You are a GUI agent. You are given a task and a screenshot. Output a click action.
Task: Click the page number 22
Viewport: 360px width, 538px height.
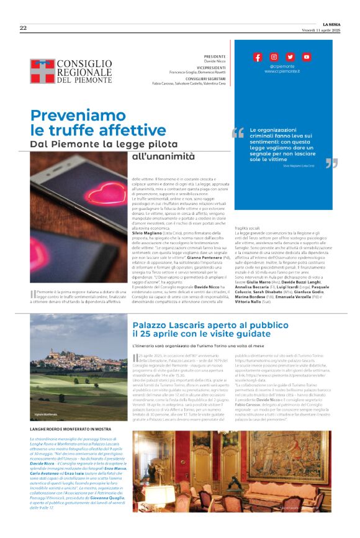point(23,27)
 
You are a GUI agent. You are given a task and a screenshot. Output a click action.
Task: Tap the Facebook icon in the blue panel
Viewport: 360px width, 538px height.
point(258,57)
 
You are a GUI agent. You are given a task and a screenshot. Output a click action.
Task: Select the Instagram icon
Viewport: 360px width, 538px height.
point(274,57)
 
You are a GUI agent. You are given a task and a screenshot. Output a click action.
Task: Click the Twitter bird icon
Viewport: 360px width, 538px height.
point(290,57)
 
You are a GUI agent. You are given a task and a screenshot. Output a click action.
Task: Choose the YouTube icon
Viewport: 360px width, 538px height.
point(306,57)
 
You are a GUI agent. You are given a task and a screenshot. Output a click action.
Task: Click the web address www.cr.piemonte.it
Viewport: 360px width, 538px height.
point(282,71)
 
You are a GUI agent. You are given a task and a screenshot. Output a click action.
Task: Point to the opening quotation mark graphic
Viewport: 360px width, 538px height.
point(238,133)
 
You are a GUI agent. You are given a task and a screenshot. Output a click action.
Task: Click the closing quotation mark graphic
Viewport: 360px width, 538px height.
point(331,163)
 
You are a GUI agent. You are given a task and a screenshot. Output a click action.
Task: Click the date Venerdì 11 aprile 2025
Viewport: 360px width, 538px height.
point(323,30)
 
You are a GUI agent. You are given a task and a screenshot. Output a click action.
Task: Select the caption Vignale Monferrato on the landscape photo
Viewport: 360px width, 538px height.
point(47,413)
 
